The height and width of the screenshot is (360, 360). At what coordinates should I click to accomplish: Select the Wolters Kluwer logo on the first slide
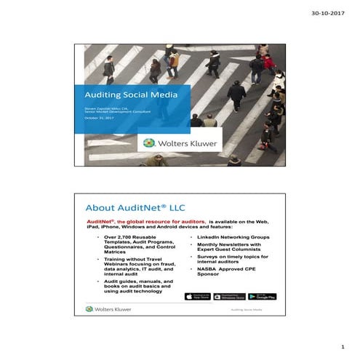click(x=180, y=143)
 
